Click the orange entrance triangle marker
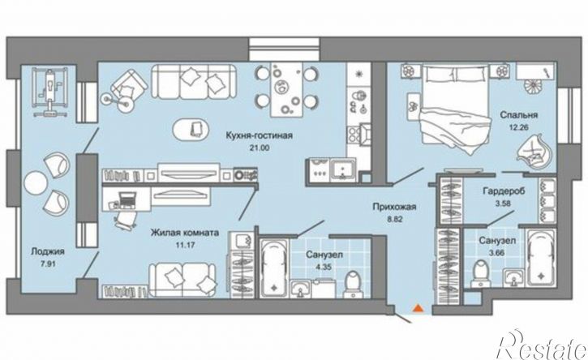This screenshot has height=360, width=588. pyautogui.click(x=418, y=308)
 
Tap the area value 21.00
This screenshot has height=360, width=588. pyautogui.click(x=259, y=148)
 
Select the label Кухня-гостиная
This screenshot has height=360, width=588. pyautogui.click(x=259, y=135)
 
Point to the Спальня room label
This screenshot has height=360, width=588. pyautogui.click(x=519, y=115)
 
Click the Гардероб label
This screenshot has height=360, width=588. pyautogui.click(x=504, y=191)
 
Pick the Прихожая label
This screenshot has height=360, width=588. pyautogui.click(x=394, y=207)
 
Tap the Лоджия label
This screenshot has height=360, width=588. pyautogui.click(x=48, y=251)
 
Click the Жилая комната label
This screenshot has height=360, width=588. pyautogui.click(x=185, y=233)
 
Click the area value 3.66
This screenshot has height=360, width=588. pyautogui.click(x=497, y=253)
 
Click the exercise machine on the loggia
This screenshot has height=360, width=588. pyautogui.click(x=49, y=92)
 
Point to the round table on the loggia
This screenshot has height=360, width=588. pyautogui.click(x=35, y=182)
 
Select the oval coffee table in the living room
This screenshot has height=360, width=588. pyautogui.click(x=190, y=130)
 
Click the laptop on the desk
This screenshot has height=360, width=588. pyautogui.click(x=126, y=199)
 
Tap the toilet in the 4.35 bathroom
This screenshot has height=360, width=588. pyautogui.click(x=353, y=285)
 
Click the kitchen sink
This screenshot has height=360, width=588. pyautogui.click(x=342, y=170)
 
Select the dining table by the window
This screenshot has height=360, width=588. pyautogui.click(x=286, y=90)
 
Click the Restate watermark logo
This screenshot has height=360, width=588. pyautogui.click(x=541, y=345)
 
